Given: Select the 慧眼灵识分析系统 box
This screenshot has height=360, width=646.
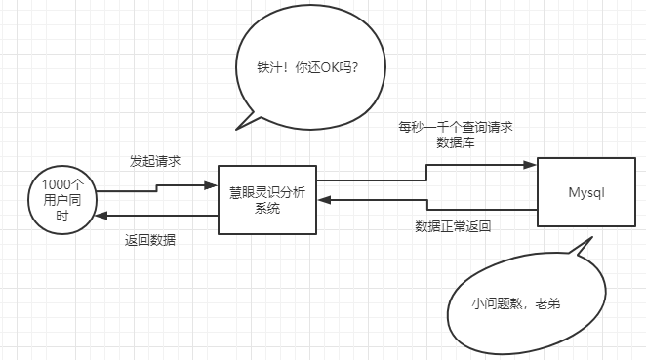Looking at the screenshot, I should [267, 199].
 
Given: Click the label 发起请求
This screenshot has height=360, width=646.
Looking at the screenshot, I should [154, 160].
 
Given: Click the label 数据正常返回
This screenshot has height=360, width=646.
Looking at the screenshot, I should [452, 226].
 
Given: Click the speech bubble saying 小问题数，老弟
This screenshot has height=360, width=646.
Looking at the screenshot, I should [527, 304].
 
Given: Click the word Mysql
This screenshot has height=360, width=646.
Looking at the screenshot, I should [587, 192].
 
